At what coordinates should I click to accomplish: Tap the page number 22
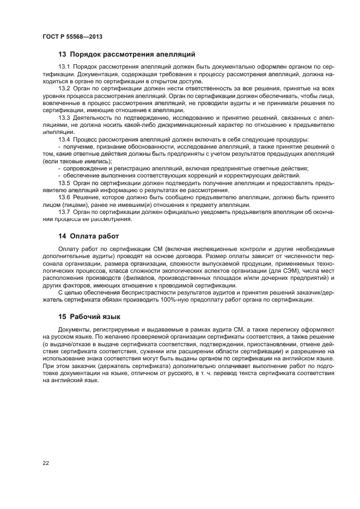[x=46, y=463]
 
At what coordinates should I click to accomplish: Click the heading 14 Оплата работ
[x=88, y=236]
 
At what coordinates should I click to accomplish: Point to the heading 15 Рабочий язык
[x=89, y=316]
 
